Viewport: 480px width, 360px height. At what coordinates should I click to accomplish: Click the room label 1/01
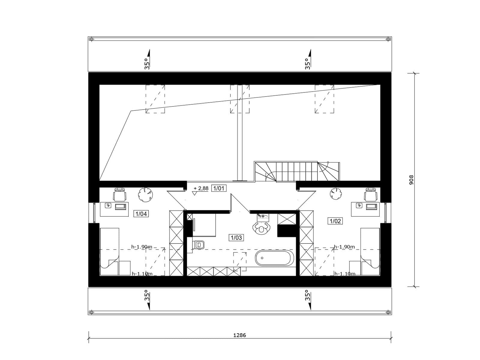point(218,188)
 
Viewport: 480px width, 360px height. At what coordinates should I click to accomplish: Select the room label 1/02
point(335,221)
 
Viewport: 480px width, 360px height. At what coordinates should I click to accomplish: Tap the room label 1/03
point(236,238)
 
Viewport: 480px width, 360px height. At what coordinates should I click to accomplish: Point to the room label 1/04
point(141,214)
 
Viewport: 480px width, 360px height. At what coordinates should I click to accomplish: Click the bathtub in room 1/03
point(273,258)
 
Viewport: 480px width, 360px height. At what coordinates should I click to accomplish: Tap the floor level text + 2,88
point(201,188)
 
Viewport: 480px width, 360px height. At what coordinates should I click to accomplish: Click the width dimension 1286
point(239,335)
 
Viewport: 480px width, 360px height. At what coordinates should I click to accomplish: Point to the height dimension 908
point(411,180)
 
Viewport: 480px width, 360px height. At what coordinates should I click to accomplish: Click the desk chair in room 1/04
point(120,194)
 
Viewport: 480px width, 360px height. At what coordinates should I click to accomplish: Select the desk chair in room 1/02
point(371,194)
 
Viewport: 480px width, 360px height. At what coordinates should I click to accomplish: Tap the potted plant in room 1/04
point(145,194)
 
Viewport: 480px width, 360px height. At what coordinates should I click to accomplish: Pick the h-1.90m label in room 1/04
point(142,247)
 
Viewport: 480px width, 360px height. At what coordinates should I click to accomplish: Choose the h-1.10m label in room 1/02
point(345,274)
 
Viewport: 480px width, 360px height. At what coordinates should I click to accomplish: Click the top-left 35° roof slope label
point(147,64)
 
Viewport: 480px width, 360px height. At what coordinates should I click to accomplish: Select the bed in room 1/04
point(109,252)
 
